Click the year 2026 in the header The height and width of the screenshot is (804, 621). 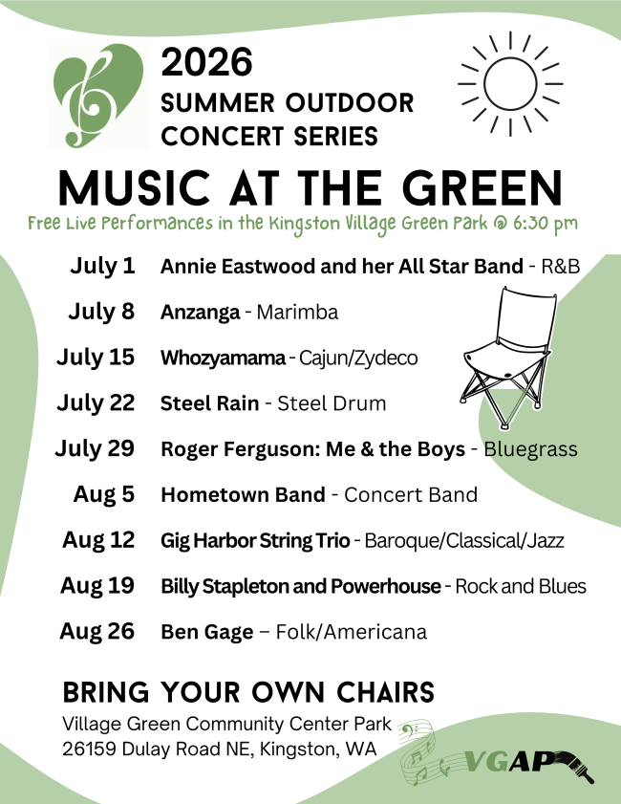click(x=206, y=61)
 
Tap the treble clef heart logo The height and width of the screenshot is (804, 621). click(x=97, y=95)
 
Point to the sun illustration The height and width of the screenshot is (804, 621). click(x=510, y=83)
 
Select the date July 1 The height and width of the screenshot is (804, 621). click(x=102, y=266)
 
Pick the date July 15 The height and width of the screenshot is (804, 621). click(x=96, y=358)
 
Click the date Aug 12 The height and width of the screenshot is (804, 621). click(x=98, y=540)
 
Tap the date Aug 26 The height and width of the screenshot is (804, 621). click(x=96, y=631)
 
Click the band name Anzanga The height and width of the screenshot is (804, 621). click(x=200, y=313)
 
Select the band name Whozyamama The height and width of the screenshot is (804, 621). click(x=223, y=358)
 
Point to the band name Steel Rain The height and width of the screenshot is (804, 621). click(x=209, y=403)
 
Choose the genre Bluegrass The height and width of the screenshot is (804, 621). click(x=530, y=449)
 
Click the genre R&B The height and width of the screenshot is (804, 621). click(x=561, y=266)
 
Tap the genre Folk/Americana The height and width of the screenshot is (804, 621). click(x=351, y=632)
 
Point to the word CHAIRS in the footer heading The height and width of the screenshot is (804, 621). click(x=385, y=692)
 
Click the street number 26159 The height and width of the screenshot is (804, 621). click(x=90, y=750)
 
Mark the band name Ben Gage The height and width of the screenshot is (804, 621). click(x=207, y=632)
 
